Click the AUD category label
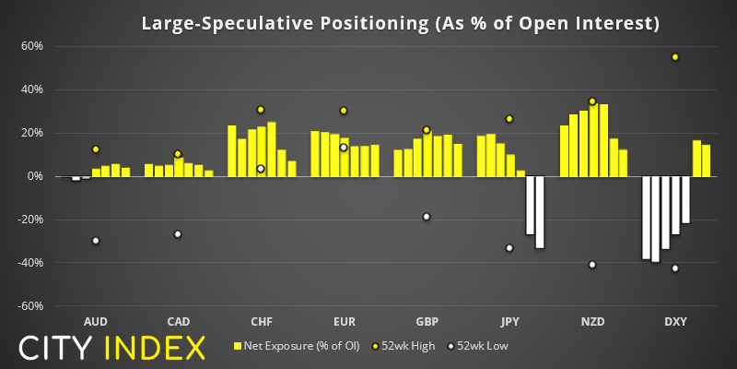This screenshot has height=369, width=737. pyautogui.click(x=95, y=322)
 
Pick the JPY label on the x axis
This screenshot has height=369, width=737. pyautogui.click(x=509, y=322)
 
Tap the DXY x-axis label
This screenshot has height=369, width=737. pyautogui.click(x=675, y=322)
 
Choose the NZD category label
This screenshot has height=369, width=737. pyautogui.click(x=592, y=322)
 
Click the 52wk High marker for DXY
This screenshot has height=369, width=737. pyautogui.click(x=675, y=57)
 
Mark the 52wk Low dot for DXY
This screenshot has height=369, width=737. pyautogui.click(x=675, y=268)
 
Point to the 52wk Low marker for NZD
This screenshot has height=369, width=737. pyautogui.click(x=591, y=265)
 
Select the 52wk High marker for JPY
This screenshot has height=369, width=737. pyautogui.click(x=509, y=119)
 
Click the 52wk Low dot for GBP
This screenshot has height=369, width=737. pyautogui.click(x=426, y=217)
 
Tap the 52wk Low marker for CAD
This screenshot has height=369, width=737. pyautogui.click(x=178, y=234)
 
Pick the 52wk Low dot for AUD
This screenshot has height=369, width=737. pyautogui.click(x=95, y=241)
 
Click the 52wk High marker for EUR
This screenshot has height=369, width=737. pyautogui.click(x=344, y=111)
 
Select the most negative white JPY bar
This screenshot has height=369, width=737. pyautogui.click(x=540, y=212)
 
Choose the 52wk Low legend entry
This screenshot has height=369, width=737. pyautogui.click(x=479, y=347)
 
